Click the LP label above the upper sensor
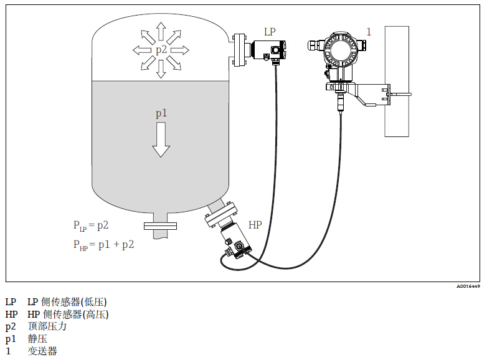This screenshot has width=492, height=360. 269,32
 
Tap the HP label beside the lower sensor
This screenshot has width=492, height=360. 255,224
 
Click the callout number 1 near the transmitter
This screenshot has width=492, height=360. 369,32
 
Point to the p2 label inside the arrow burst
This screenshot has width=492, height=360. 161,50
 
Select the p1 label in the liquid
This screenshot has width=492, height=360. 161,113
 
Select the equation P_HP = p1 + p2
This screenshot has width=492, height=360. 103,245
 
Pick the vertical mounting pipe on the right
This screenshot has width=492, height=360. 397,81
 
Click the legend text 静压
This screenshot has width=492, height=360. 37,339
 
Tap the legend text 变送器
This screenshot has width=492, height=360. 42,351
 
